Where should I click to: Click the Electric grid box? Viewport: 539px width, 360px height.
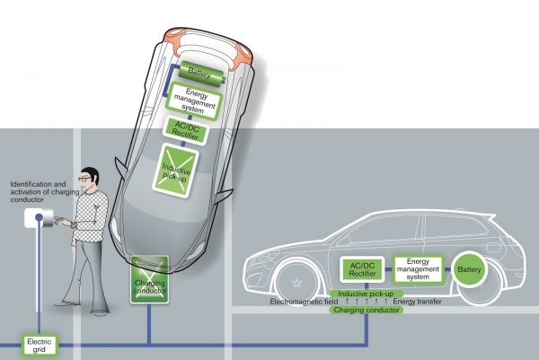coord(40,346)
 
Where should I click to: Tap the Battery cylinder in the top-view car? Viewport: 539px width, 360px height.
coord(202,74)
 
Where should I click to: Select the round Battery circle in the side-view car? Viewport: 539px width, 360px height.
coord(469,269)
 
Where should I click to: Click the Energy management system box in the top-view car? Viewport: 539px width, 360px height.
coord(194,101)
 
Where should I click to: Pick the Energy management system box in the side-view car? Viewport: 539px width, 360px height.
coord(418,269)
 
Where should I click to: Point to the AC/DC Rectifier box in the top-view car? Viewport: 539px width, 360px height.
coord(186,130)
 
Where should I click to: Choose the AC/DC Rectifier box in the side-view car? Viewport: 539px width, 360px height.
coord(362,269)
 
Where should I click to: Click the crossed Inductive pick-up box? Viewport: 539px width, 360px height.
coord(175,171)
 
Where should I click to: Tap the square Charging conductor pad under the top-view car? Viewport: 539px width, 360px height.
coord(149,279)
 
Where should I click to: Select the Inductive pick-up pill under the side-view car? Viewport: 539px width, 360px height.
coord(366,294)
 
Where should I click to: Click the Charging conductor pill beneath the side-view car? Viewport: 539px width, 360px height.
coord(367,310)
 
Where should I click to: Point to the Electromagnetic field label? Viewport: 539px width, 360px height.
coord(304,302)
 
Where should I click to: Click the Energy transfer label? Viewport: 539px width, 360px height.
coord(418,302)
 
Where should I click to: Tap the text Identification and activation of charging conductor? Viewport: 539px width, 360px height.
coord(45,192)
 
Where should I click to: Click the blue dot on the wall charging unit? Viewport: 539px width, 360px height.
coord(40,217)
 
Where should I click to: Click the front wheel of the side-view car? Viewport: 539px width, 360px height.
coord(297,283)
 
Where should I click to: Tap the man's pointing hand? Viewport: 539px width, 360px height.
coord(63,221)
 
